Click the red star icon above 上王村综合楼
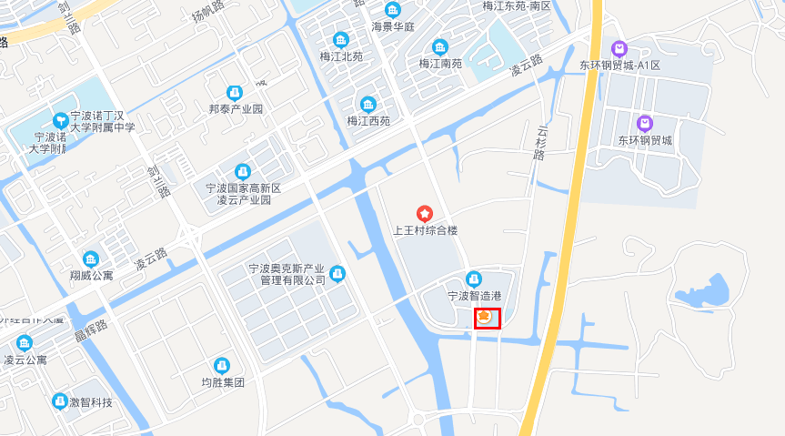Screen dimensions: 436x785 click(x=424, y=213)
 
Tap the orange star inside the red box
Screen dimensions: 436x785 click(x=485, y=316)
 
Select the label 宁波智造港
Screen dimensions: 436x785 click(x=474, y=296)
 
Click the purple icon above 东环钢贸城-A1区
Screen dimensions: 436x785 click(x=619, y=48)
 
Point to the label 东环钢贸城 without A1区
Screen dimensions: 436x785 click(x=645, y=140)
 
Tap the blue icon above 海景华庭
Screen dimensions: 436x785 click(x=392, y=10)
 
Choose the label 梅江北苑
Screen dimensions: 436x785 click(x=341, y=56)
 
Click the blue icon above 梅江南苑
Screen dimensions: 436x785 click(x=440, y=46)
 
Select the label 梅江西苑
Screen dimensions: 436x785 click(x=368, y=120)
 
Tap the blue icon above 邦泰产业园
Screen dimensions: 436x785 click(x=235, y=92)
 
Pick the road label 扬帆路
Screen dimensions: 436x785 click(x=207, y=14)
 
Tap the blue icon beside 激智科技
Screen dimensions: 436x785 click(x=59, y=401)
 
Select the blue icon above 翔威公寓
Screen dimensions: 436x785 click(x=90, y=259)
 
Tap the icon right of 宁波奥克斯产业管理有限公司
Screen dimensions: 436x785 click(x=337, y=273)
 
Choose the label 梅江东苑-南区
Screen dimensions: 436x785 click(x=517, y=5)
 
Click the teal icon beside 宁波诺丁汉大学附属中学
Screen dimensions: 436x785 click(x=61, y=118)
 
